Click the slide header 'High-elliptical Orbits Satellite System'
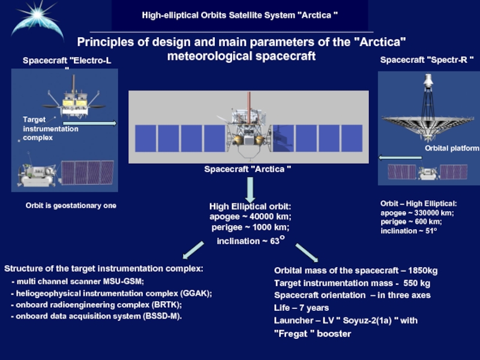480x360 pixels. tap(240, 13)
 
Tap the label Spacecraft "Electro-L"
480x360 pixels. tap(67, 61)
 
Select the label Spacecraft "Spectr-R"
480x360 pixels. tap(427, 60)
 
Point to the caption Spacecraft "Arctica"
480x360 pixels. tap(248, 169)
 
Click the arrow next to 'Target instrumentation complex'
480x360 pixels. tap(99, 124)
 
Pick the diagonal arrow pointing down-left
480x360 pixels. tap(193, 249)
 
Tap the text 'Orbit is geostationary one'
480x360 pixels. tap(71, 206)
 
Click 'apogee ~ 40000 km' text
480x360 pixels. tap(250, 217)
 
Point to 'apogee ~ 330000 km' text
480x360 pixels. tap(418, 213)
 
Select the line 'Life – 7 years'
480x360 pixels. tap(301, 308)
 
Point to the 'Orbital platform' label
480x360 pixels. tap(451, 148)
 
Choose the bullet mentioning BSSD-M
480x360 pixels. tap(96, 316)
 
